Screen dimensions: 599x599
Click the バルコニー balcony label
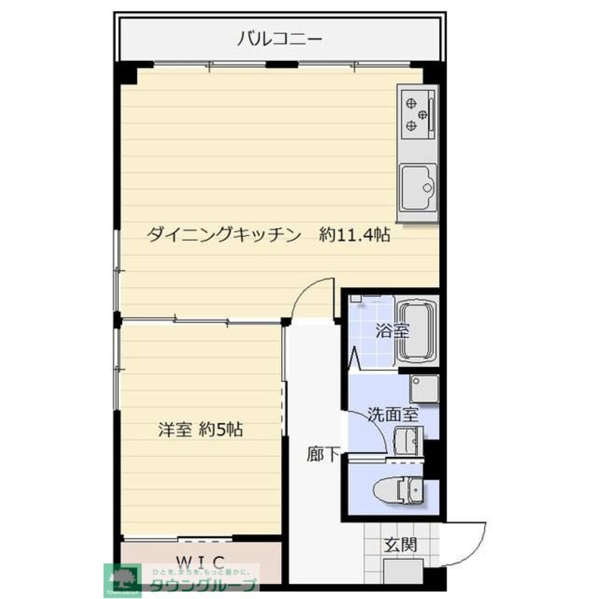coord(280,40)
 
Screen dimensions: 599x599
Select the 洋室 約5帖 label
coord(200,429)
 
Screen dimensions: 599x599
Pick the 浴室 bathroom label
coord(392,331)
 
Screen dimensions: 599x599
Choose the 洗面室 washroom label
coord(393,414)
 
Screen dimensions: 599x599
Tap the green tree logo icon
coord(122,578)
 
